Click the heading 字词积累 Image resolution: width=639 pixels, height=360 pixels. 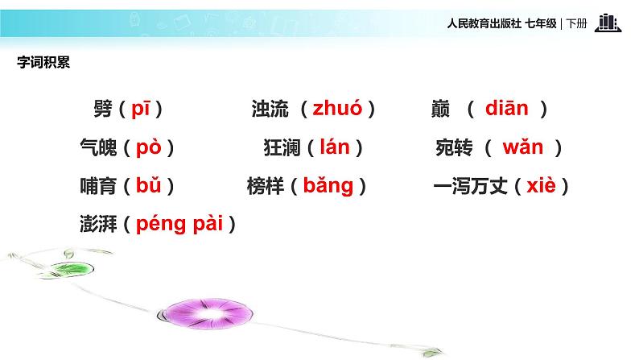pos(43,64)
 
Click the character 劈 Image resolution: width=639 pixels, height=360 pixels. pos(103,110)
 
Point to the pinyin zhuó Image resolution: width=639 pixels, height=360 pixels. pos(337,109)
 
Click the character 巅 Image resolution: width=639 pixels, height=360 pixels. pos(440,110)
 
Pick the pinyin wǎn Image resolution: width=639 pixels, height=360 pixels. pos(522,147)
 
